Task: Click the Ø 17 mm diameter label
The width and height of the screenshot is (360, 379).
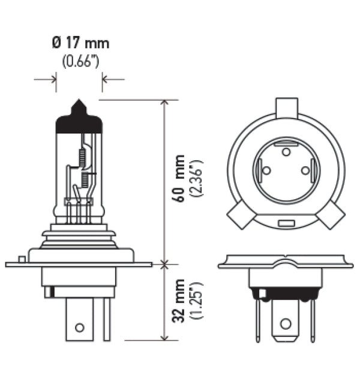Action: [80, 44]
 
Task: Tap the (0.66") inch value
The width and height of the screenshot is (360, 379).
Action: [80, 62]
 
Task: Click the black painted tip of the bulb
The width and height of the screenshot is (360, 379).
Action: [79, 120]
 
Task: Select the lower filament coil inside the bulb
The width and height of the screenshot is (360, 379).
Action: [85, 178]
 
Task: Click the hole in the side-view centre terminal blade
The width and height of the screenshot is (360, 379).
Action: [78, 327]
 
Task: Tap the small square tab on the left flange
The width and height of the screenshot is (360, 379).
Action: [22, 259]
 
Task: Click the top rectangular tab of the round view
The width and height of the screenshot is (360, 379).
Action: [286, 109]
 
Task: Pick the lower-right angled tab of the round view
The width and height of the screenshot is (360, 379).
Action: [332, 215]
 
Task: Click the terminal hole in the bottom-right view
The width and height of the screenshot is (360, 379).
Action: [286, 324]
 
